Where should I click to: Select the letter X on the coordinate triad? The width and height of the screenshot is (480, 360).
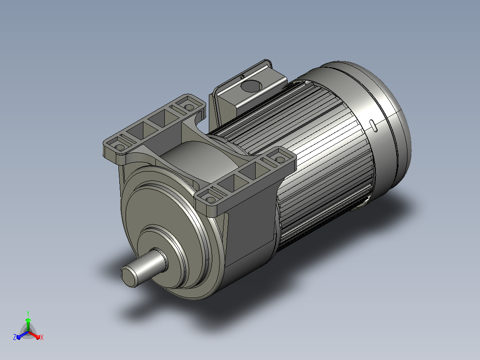[x=42, y=337]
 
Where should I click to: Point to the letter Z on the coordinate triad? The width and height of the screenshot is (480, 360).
[x=14, y=337]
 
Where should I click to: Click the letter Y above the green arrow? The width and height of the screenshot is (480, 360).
[x=28, y=313]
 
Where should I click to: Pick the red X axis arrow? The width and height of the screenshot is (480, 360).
[x=34, y=335]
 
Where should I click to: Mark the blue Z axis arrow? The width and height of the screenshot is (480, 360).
[x=22, y=335]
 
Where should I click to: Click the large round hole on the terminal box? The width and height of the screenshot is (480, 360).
[x=251, y=86]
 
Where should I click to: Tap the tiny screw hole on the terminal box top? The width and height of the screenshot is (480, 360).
[x=242, y=77]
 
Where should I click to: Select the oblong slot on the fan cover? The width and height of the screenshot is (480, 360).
[x=373, y=126]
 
